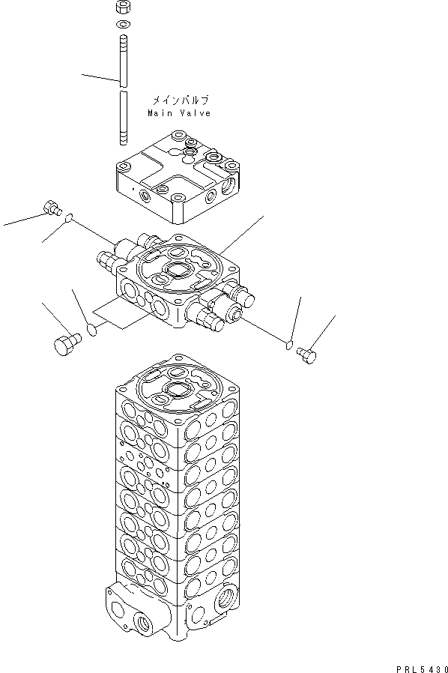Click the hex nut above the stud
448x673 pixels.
coord(123,8)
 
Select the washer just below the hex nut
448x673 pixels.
coord(123,25)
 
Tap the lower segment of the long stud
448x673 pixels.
coord(123,116)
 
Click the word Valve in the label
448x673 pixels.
coord(196,113)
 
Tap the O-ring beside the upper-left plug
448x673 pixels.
coord(68,218)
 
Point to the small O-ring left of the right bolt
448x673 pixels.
coord(290,344)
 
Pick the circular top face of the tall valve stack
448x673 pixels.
coord(178,387)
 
